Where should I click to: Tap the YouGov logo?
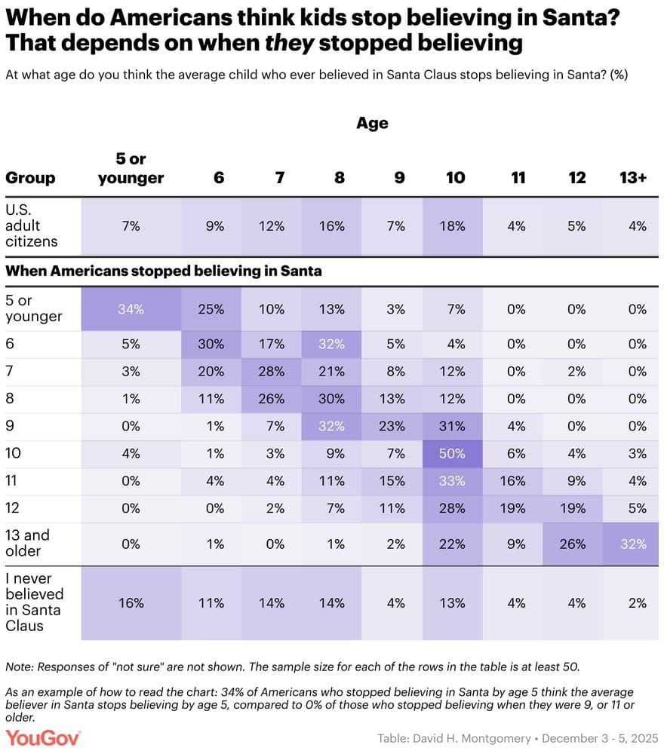click(42, 737)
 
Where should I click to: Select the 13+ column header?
click(632, 178)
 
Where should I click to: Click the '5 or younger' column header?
click(131, 169)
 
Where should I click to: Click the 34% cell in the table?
click(131, 309)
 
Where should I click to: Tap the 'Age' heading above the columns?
click(372, 123)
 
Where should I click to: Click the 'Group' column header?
click(30, 178)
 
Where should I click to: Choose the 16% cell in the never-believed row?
click(131, 602)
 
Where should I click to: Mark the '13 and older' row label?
click(28, 543)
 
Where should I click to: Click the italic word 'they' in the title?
click(287, 42)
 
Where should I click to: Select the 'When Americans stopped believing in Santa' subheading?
click(164, 271)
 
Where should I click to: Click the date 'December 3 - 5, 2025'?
click(600, 737)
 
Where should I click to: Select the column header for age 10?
click(455, 178)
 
